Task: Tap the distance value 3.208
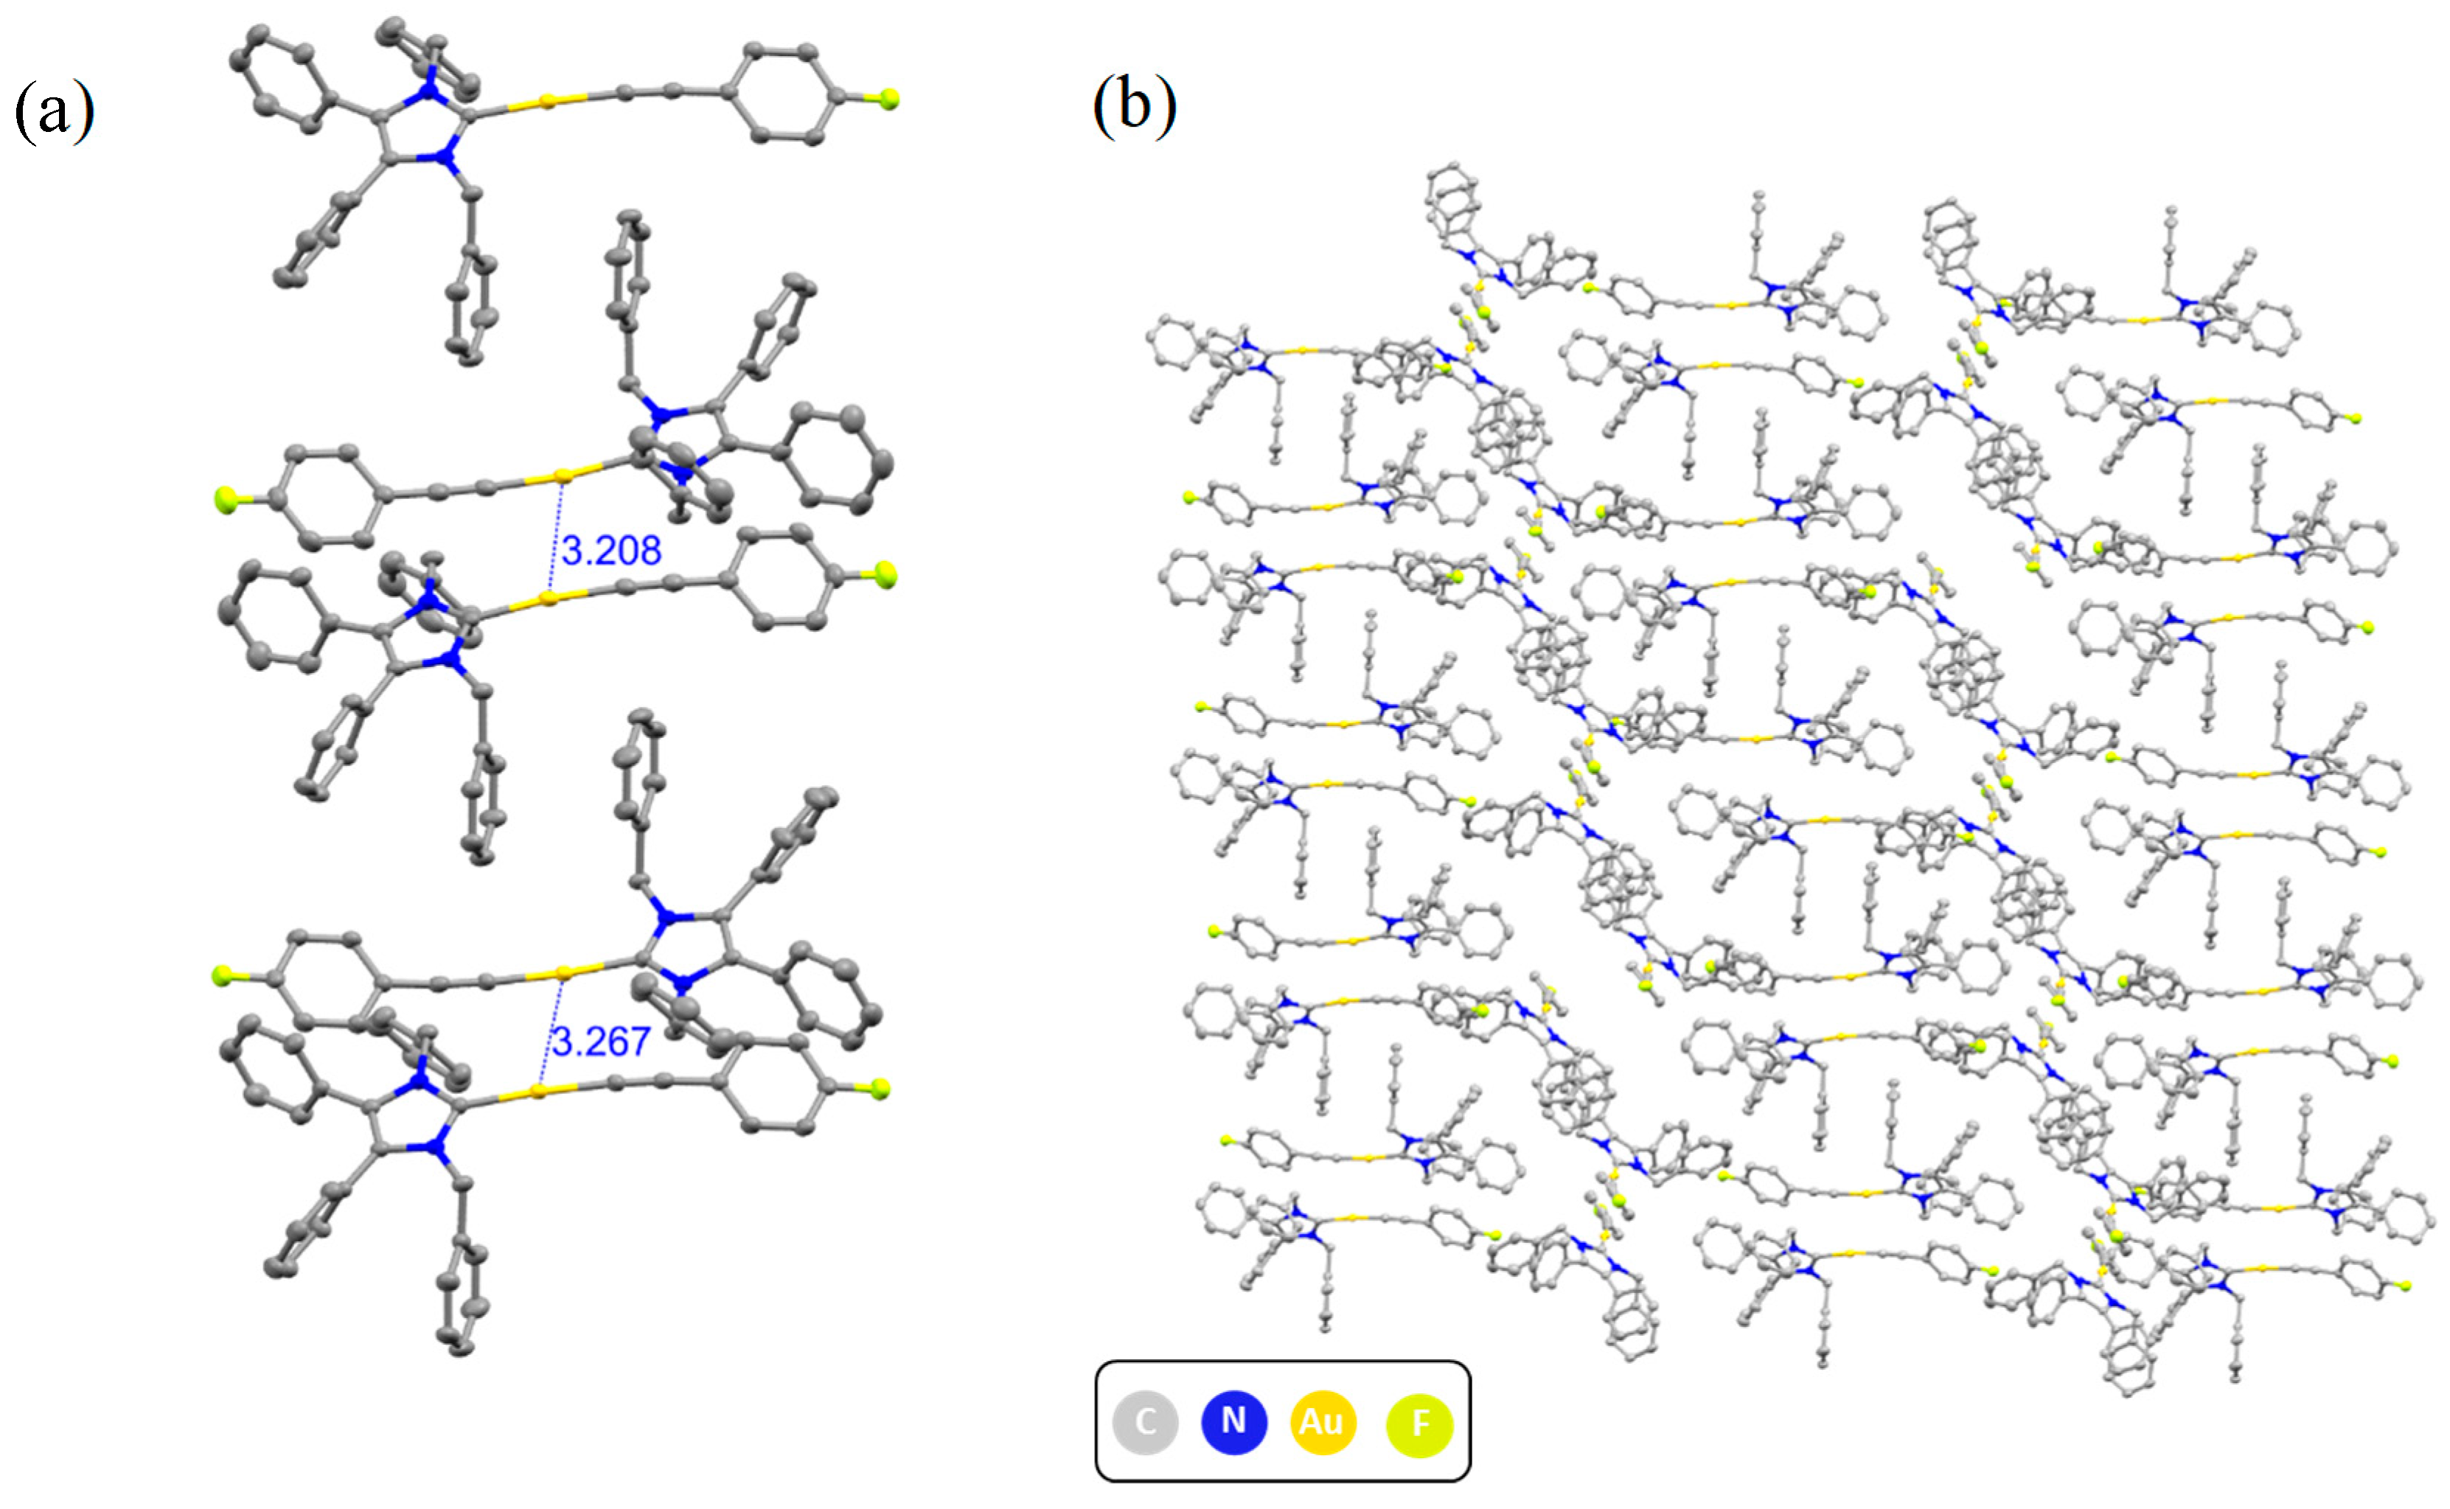click(x=610, y=551)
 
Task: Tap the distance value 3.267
click(x=601, y=1042)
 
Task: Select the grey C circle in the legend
click(x=1146, y=1421)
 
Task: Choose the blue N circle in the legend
click(x=1233, y=1421)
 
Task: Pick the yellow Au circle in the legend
click(x=1322, y=1421)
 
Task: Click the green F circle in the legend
click(x=1419, y=1423)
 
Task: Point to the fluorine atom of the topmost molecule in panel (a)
click(x=889, y=99)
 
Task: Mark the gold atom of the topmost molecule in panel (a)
click(x=547, y=102)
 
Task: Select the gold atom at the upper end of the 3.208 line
click(x=564, y=476)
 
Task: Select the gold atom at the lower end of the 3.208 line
click(x=548, y=599)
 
